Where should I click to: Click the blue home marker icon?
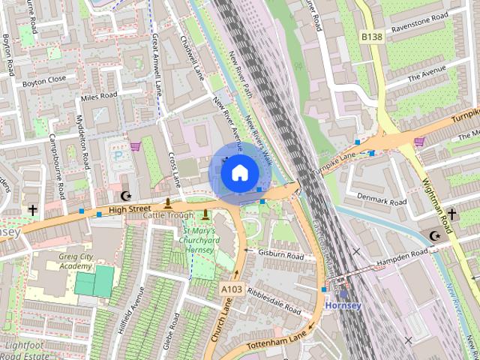pos(239,173)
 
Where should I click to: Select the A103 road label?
pos(230,287)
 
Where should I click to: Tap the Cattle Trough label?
pos(169,215)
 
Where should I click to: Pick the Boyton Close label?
pos(43,78)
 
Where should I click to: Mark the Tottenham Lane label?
pos(278,336)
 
